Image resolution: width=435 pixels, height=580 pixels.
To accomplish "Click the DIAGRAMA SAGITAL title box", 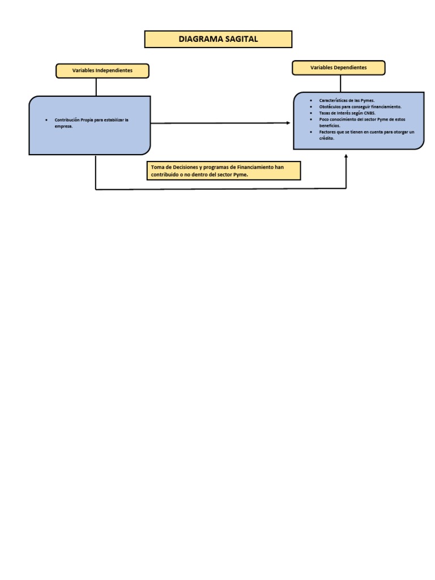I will tap(218, 39).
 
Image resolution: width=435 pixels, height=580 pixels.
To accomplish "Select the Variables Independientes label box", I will tap(103, 71).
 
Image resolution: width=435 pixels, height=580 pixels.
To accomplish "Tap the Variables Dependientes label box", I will tap(339, 68).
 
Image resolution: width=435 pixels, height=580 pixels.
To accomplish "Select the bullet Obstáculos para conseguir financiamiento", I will tap(360, 106).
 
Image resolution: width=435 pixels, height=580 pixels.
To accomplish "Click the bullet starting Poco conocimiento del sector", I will tap(362, 120).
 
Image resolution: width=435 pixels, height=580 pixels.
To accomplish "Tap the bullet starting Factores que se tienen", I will tap(366, 132).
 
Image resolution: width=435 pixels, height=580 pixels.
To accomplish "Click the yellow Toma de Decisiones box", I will tap(224, 170).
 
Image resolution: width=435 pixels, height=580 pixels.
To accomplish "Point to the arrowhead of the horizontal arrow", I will tap(288, 122).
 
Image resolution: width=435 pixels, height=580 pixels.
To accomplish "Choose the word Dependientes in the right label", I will tap(350, 68).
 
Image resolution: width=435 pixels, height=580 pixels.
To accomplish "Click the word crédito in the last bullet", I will tap(326, 138).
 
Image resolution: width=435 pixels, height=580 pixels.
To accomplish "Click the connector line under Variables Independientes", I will tap(96, 87).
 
